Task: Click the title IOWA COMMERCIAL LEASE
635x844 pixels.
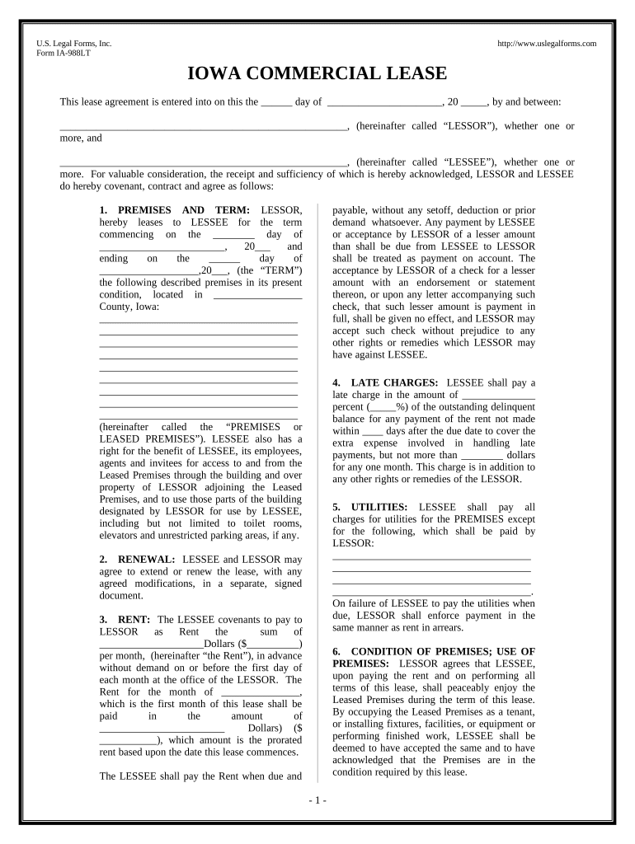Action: [317, 73]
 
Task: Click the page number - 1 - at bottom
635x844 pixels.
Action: [317, 800]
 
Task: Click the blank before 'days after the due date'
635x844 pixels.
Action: [373, 430]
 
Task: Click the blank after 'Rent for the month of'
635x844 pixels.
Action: [260, 692]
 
